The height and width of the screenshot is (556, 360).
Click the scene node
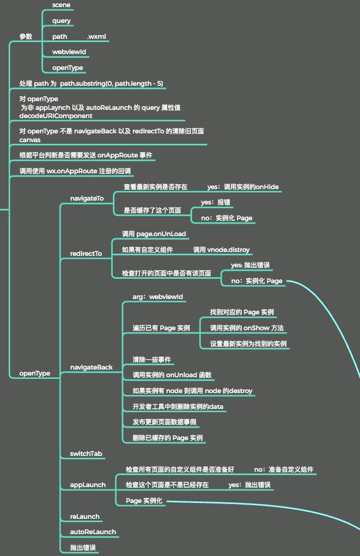[62, 5]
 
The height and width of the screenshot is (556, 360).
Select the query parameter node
[62, 21]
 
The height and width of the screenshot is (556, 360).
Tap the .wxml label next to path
[97, 37]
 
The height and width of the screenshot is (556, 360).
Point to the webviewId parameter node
[69, 52]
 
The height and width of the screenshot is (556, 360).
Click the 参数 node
[26, 37]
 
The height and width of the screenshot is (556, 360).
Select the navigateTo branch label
[86, 198]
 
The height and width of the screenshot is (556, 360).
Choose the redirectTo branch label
[86, 254]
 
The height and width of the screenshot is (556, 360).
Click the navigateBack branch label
[91, 367]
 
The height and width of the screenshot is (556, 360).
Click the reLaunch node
[85, 517]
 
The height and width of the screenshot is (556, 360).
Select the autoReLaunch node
[93, 532]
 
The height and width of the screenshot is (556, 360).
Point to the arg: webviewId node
[158, 297]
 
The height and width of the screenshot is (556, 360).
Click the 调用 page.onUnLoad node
[154, 234]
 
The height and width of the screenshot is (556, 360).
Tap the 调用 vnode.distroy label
[221, 250]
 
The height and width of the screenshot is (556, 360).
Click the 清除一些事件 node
[152, 360]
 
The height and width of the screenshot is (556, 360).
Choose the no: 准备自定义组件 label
[283, 470]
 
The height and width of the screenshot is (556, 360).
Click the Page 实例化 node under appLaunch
[144, 501]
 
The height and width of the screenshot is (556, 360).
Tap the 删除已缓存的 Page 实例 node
[167, 438]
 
